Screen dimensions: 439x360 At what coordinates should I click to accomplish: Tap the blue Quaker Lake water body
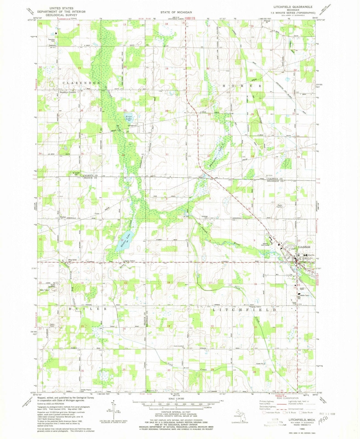pyautogui.click(x=125, y=241)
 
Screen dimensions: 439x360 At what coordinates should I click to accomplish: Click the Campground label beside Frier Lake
pyautogui.click(x=132, y=126)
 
